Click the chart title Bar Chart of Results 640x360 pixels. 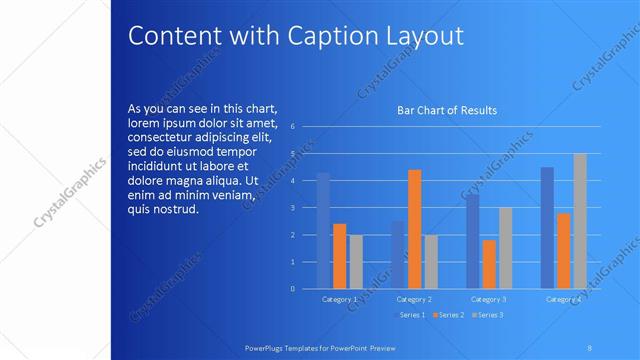[x=447, y=110]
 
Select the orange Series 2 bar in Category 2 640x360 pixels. [x=414, y=229]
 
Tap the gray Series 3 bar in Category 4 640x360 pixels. [x=580, y=221]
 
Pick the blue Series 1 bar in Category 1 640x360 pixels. [x=323, y=231]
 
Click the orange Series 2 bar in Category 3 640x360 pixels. [x=488, y=264]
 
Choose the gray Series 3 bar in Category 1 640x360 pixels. [x=355, y=262]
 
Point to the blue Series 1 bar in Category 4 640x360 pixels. [x=547, y=228]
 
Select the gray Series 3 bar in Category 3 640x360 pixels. [x=505, y=248]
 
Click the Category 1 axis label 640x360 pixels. [x=339, y=298]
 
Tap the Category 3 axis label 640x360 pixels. [x=488, y=298]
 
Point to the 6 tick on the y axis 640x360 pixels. [x=292, y=127]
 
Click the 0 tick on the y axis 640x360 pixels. [x=292, y=289]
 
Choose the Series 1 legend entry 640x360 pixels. [x=412, y=315]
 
